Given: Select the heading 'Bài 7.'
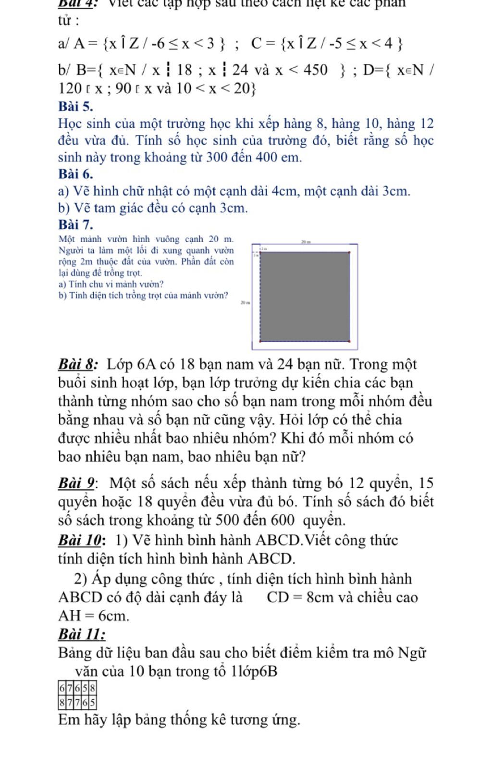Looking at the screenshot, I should point(75,224).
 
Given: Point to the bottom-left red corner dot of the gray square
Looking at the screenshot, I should point(260,341).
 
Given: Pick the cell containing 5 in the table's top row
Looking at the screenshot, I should point(85,688).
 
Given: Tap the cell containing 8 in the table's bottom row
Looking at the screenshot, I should point(61,704).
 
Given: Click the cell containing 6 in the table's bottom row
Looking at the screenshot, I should point(85,704).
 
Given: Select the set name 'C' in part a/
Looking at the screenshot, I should point(257,44).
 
